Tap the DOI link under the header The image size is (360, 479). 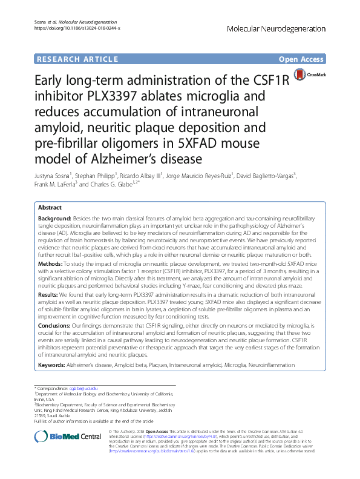click(77, 28)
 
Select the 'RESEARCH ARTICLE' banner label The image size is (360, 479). click(77, 59)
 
